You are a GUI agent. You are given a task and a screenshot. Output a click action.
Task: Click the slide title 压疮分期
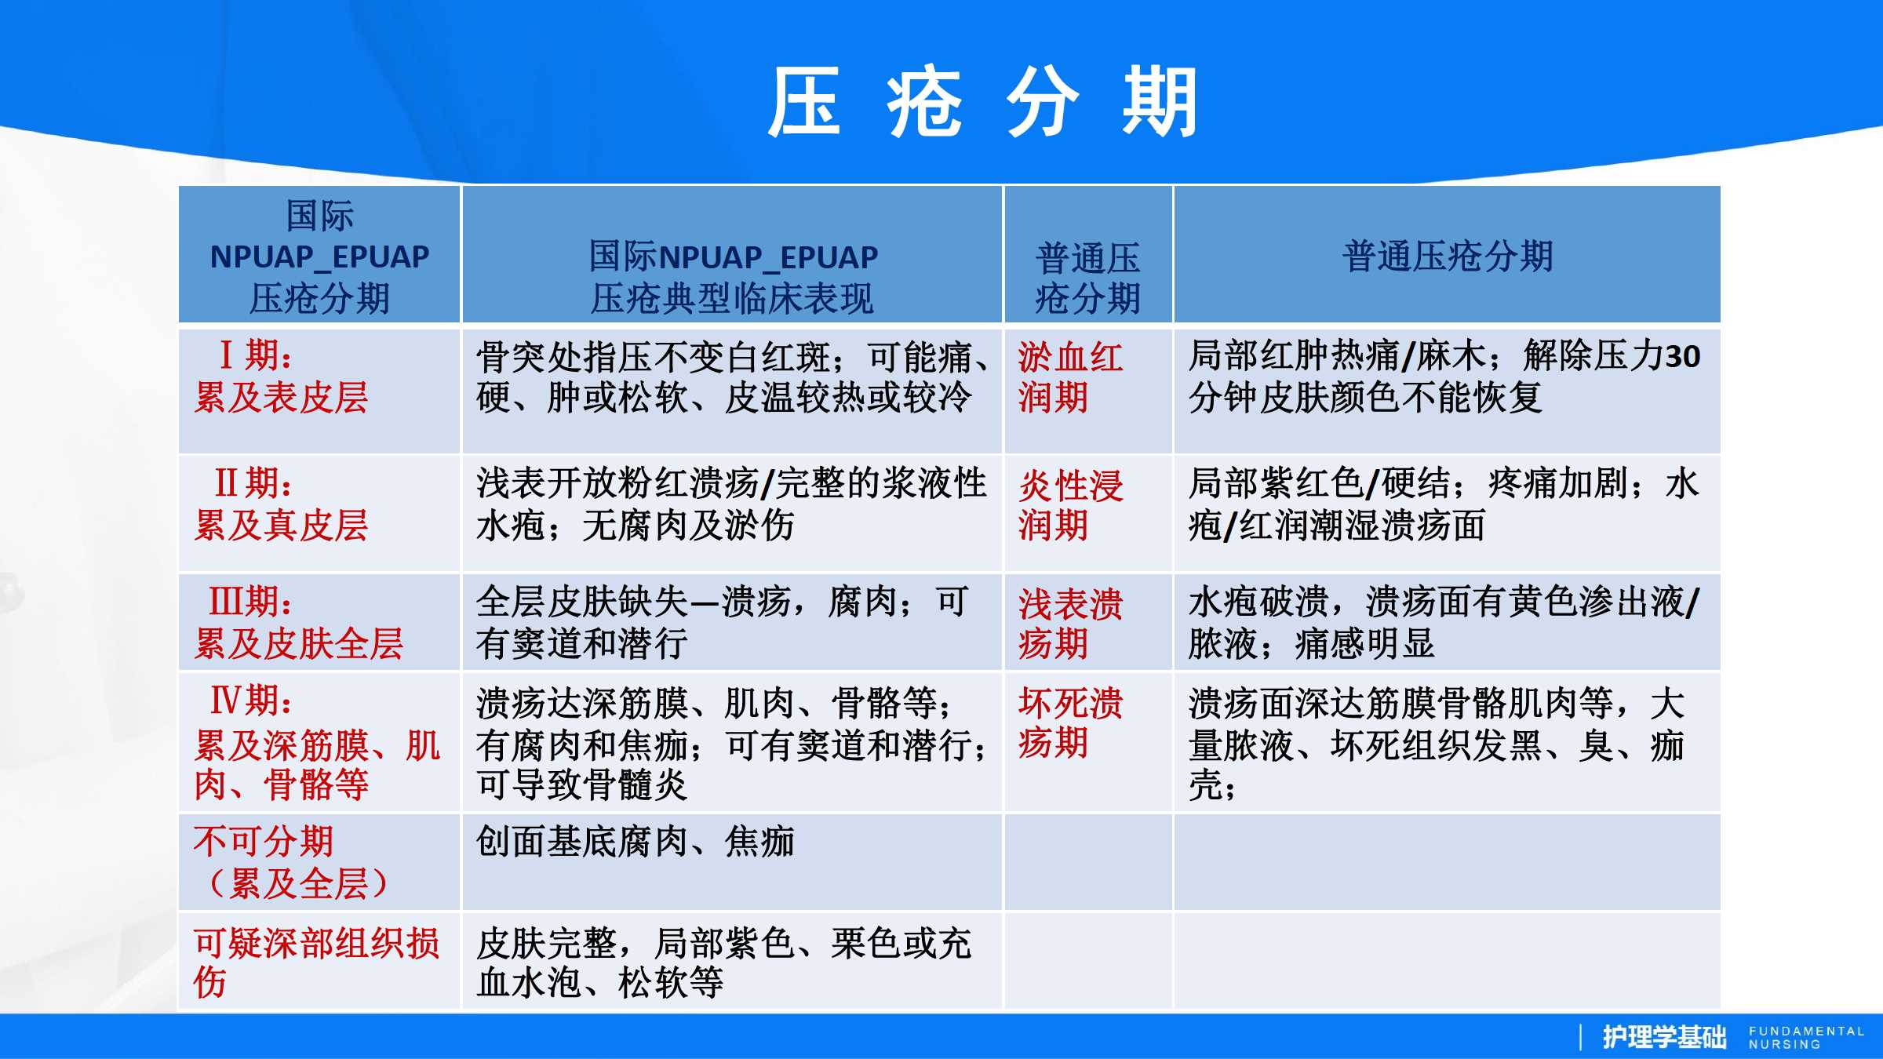[x=982, y=102]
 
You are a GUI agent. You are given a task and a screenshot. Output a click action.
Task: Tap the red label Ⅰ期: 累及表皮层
[x=281, y=377]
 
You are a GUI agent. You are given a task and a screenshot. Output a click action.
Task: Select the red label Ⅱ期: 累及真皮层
[x=281, y=504]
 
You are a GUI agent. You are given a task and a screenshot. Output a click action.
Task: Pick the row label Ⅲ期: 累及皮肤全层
[x=298, y=623]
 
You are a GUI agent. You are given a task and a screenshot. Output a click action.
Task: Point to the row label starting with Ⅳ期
[x=317, y=742]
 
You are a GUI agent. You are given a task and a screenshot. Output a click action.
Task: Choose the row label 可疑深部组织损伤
[x=316, y=963]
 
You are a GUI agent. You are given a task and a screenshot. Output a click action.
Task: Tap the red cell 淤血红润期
[x=1070, y=377]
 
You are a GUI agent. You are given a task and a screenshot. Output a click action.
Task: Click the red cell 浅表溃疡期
[x=1070, y=624]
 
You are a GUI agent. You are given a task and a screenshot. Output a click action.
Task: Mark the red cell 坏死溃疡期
[x=1070, y=722]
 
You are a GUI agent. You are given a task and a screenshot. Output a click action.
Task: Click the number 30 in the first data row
[x=1682, y=357]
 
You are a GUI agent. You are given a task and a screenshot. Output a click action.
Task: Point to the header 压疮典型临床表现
[x=731, y=299]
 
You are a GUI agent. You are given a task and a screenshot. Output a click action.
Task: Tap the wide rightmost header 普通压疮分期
[x=1448, y=256]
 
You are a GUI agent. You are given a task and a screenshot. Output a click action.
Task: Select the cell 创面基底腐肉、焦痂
[x=636, y=842]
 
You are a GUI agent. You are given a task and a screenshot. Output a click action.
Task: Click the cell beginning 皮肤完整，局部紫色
[x=723, y=963]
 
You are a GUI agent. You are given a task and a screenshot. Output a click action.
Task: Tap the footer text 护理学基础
[x=1664, y=1037]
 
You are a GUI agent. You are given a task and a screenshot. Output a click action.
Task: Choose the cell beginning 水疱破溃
[x=1444, y=623]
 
